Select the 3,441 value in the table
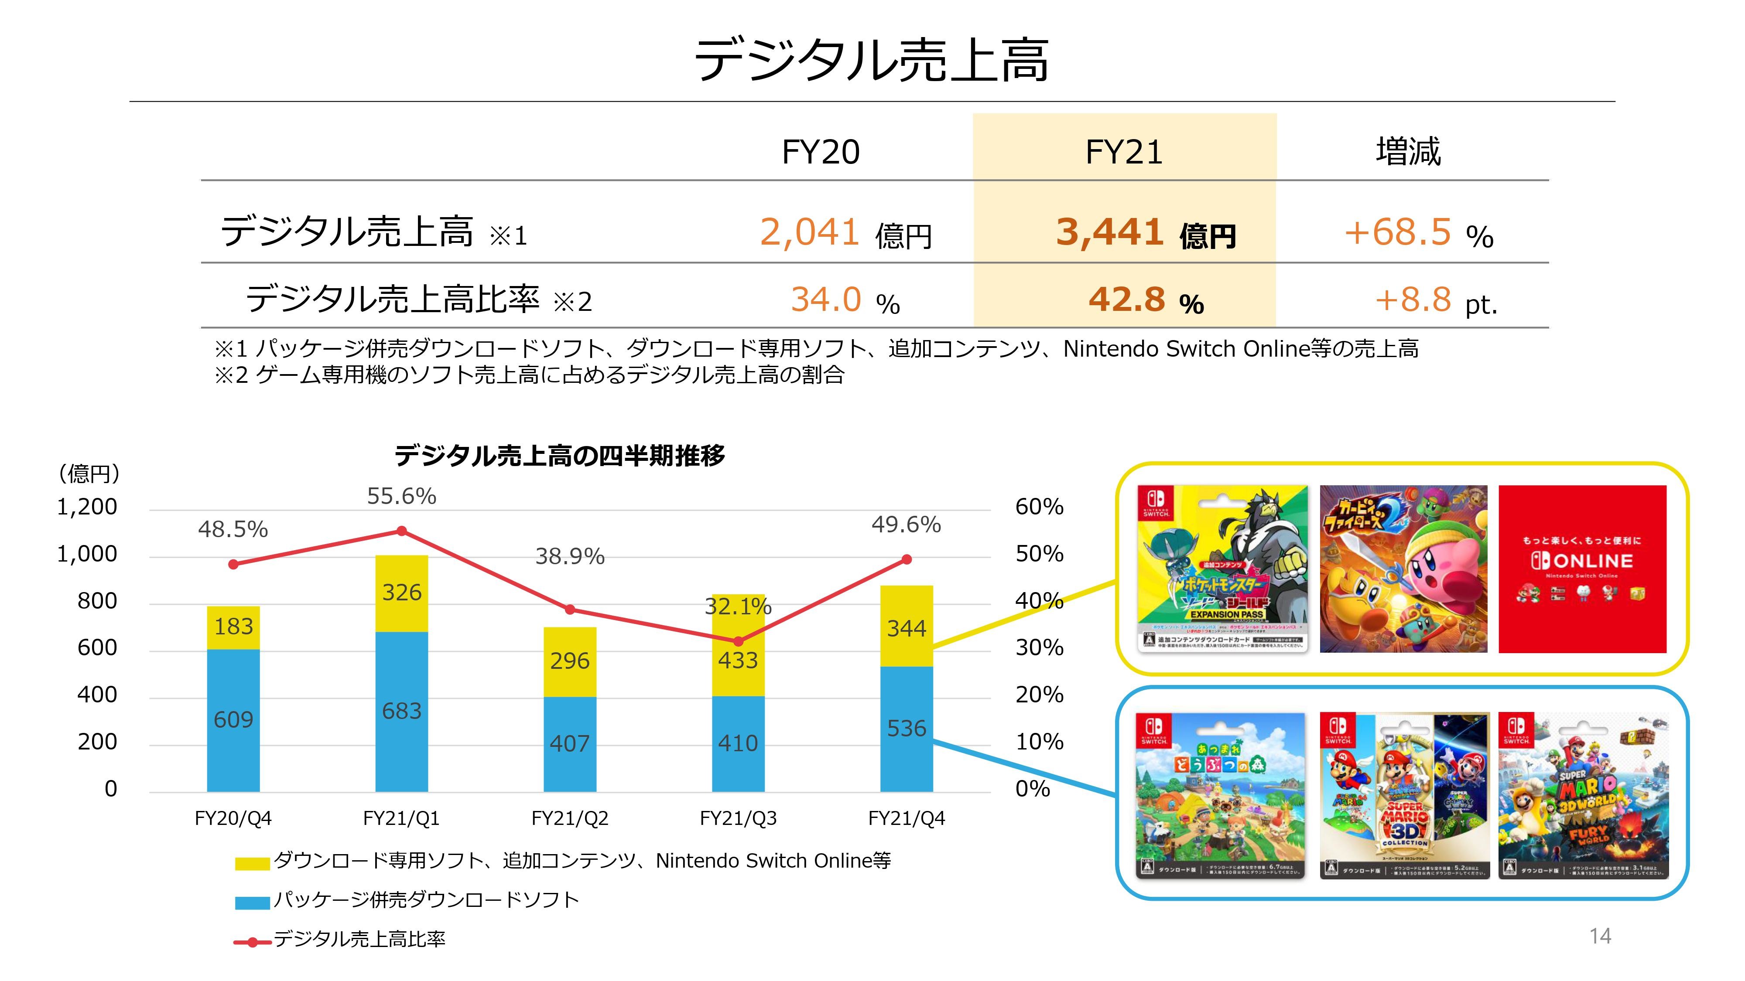(1109, 232)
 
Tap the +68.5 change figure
(1397, 232)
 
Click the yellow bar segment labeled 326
(402, 593)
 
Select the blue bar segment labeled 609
(233, 720)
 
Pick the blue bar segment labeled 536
(907, 729)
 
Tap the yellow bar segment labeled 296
(570, 661)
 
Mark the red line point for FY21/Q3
(739, 641)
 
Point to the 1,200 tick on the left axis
(87, 507)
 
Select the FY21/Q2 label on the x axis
(570, 818)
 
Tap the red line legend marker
(252, 942)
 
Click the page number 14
(1600, 937)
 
